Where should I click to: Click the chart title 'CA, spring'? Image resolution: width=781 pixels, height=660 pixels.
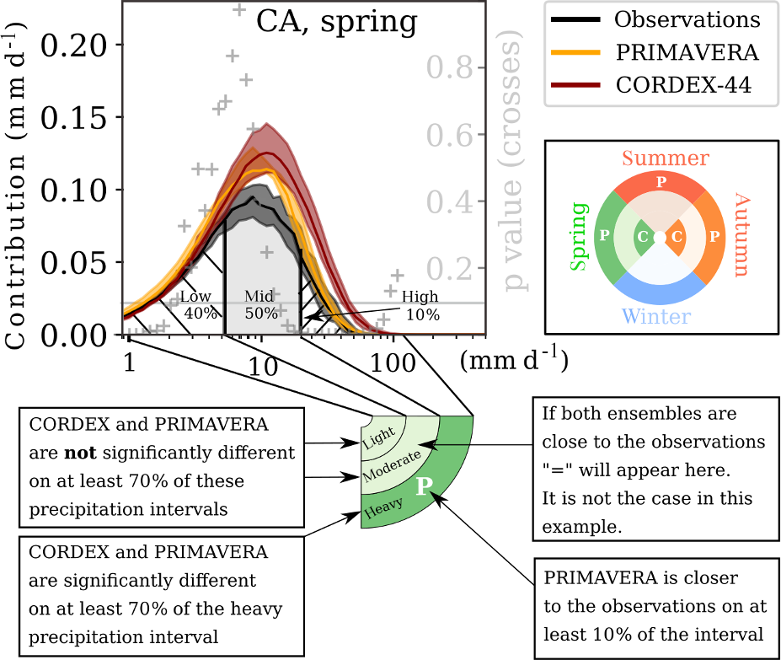click(337, 22)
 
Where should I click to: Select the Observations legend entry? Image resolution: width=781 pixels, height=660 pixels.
click(687, 19)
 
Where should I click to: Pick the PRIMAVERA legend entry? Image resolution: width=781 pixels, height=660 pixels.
click(687, 52)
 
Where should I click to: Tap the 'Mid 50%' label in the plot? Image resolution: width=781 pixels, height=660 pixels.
click(259, 304)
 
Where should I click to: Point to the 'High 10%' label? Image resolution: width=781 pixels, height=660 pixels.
click(421, 305)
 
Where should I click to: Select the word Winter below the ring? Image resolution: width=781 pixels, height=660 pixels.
click(656, 317)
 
